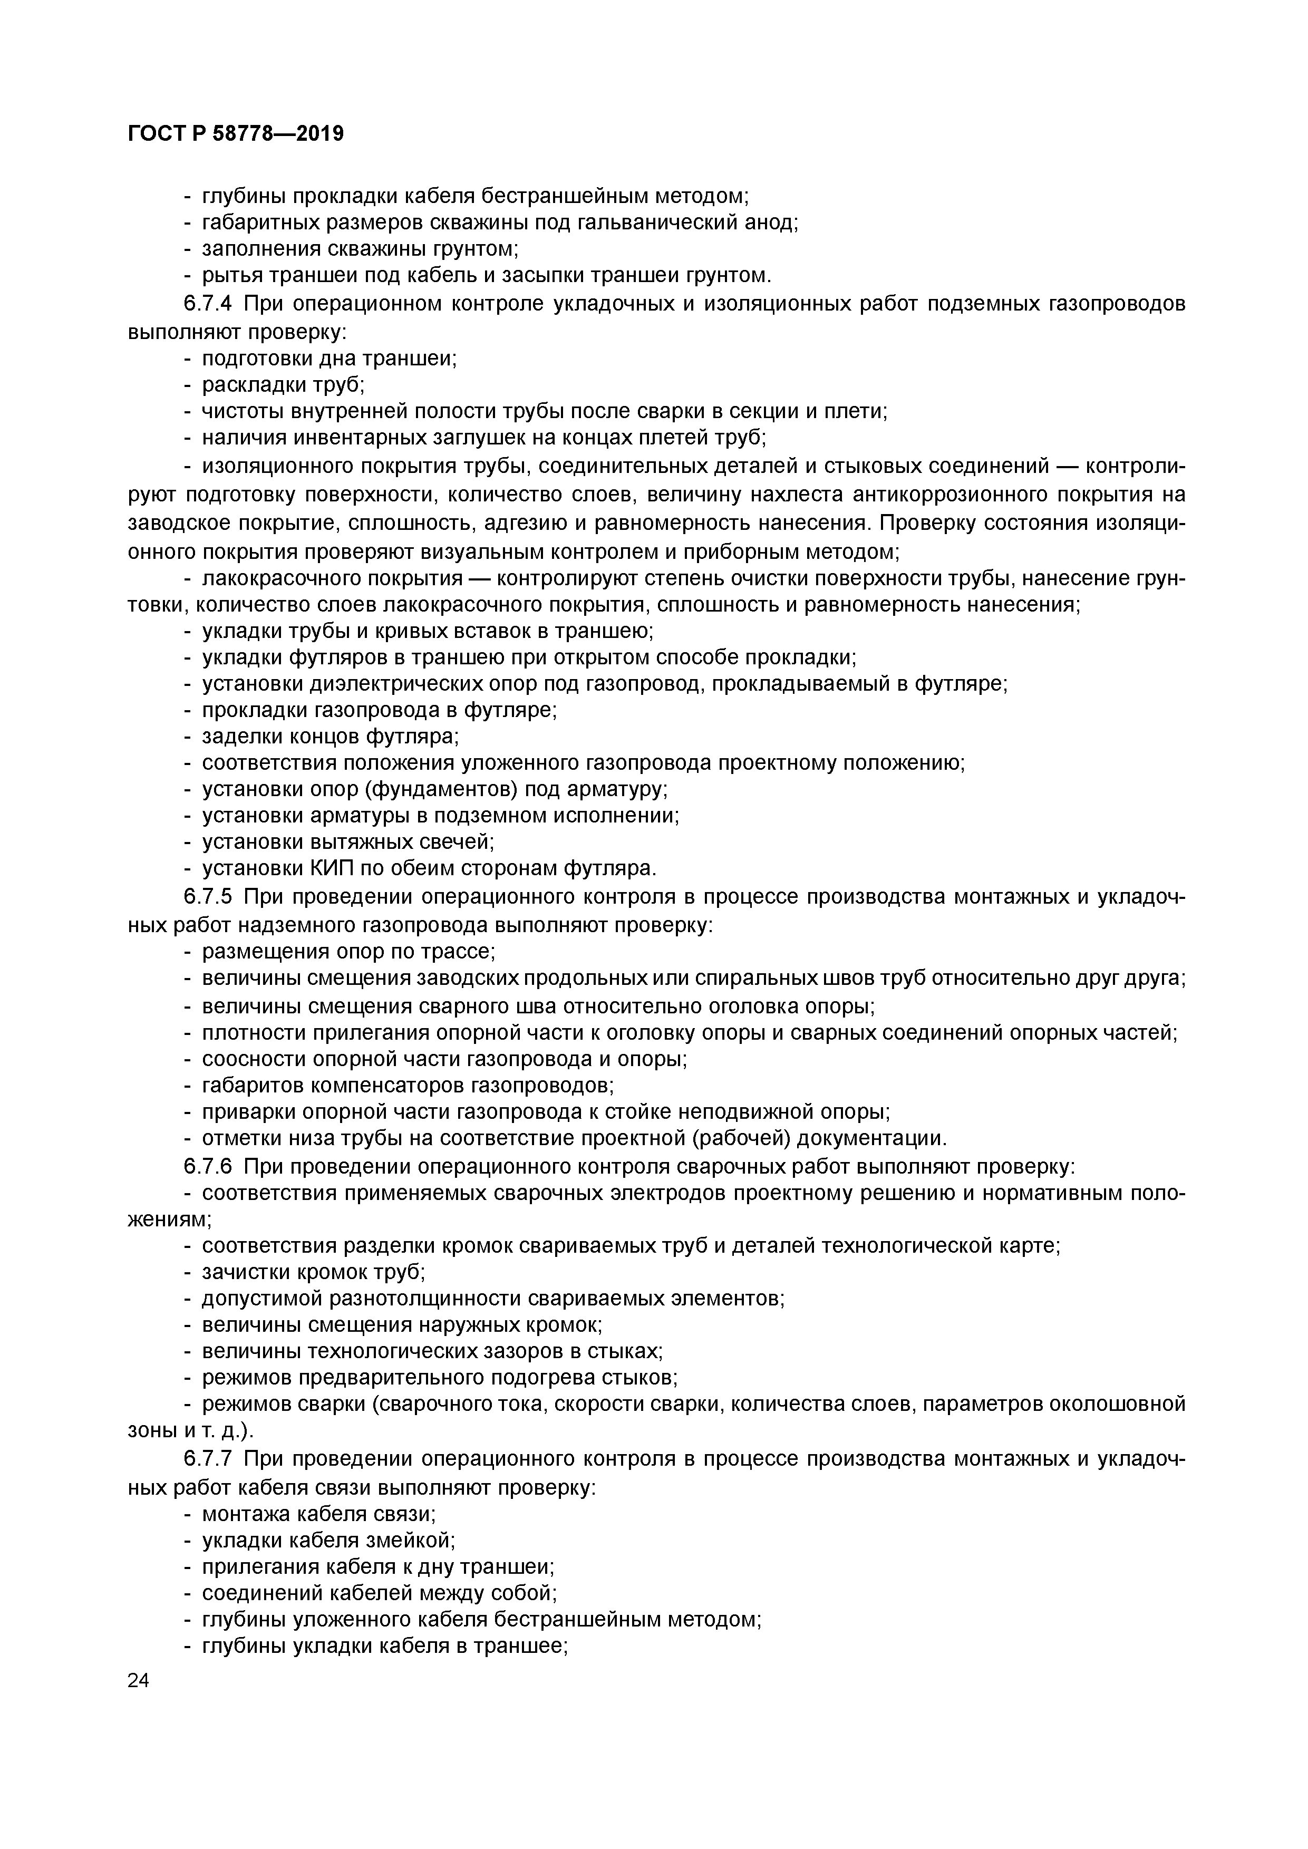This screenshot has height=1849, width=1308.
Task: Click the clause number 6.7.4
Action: click(208, 304)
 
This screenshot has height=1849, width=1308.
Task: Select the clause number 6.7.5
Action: click(208, 897)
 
